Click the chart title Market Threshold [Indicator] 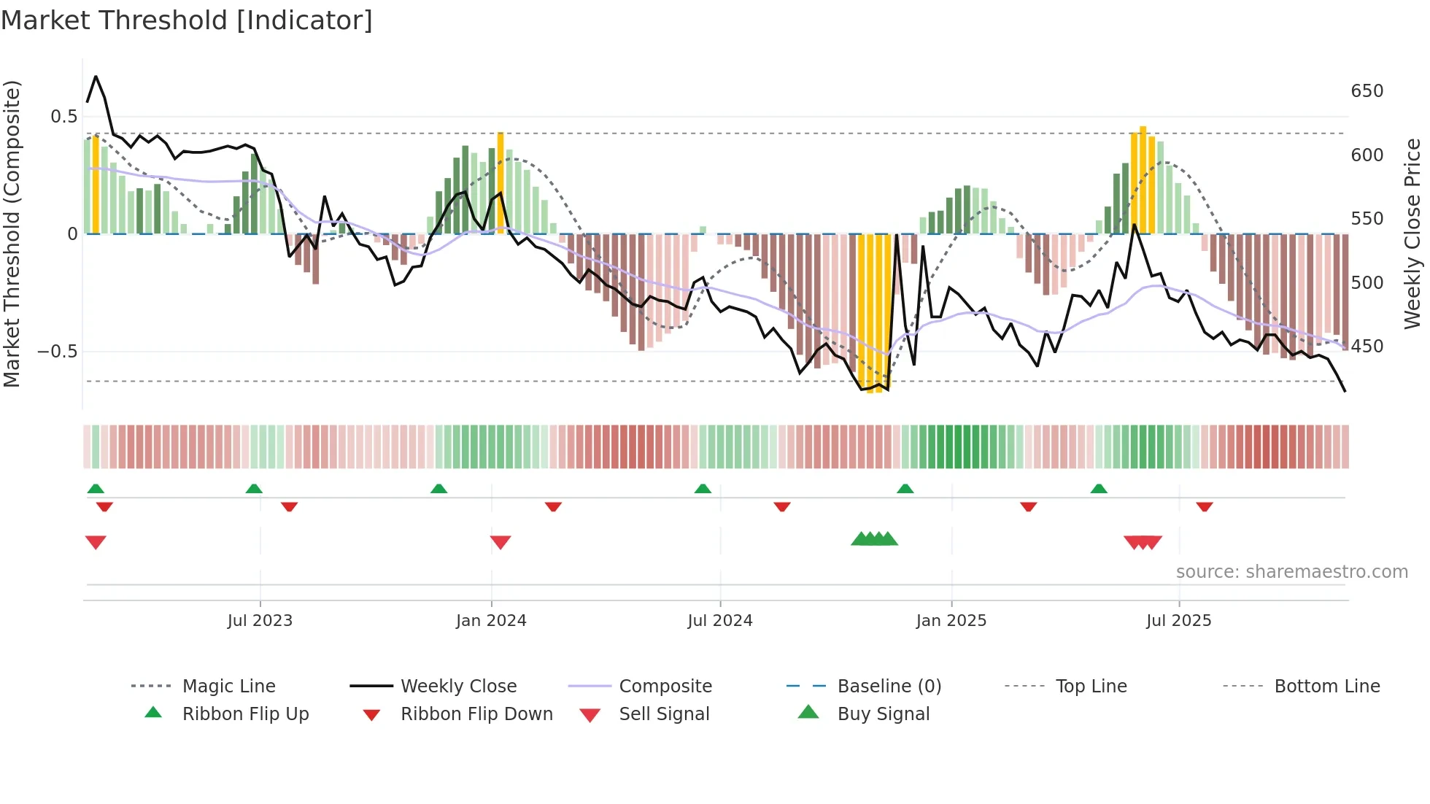[187, 20]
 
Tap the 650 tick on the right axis [1367, 91]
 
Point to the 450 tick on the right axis [1367, 347]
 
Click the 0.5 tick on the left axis [63, 117]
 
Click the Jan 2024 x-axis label [491, 621]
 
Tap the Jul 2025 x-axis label [1178, 621]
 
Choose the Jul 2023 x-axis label [260, 621]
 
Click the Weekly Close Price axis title [1412, 233]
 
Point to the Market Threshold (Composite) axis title [12, 233]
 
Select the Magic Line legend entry [228, 687]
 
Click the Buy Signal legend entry [883, 714]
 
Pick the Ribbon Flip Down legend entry [476, 714]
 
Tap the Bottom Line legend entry [1326, 687]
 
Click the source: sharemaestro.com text [1291, 572]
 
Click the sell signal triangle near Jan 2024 [500, 542]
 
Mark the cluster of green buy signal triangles [874, 539]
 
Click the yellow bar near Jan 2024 [500, 182]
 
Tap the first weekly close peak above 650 [96, 77]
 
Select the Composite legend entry [665, 687]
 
